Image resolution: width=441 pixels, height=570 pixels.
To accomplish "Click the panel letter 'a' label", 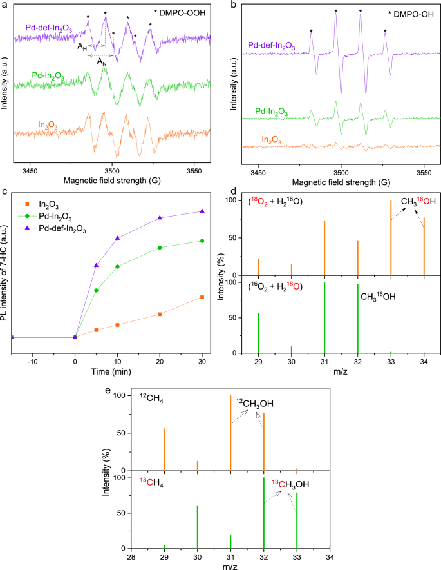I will pos(5,5).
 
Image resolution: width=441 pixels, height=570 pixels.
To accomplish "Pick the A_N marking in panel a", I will pos(102,61).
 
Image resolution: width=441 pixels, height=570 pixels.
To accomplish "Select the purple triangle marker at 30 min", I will pos(203,211).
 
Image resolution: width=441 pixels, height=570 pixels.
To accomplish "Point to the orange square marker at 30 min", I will pos(203,297).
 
